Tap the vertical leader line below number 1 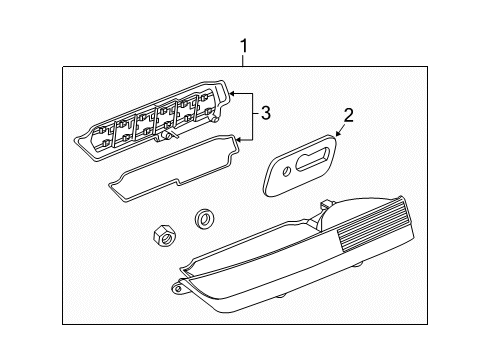[243, 61]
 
